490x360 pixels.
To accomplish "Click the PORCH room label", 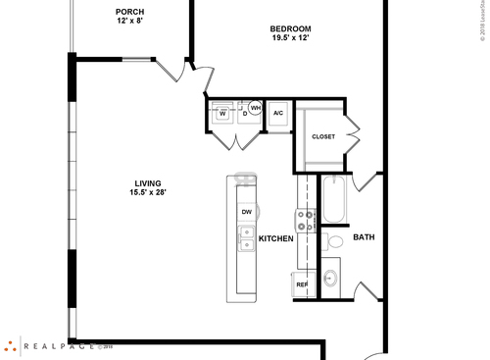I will coord(129,12).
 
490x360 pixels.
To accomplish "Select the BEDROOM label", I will coord(290,29).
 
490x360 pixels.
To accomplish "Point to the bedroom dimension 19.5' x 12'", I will coord(290,40).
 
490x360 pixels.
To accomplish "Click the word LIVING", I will coord(148,182).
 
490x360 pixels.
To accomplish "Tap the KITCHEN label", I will coord(275,238).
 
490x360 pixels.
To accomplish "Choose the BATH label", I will coord(364,237).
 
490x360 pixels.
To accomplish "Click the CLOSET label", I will coord(323,136).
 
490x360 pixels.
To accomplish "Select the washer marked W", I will coord(222,113).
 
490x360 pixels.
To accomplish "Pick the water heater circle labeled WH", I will coord(256,109).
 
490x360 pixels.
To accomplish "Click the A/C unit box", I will coord(278,114).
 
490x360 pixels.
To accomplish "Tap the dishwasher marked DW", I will coord(245,211).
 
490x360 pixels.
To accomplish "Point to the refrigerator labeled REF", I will coord(303,285).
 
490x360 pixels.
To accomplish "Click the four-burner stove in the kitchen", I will coord(307,220).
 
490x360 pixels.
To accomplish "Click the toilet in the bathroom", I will coord(333,239).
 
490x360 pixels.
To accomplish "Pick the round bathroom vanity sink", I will coord(330,277).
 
